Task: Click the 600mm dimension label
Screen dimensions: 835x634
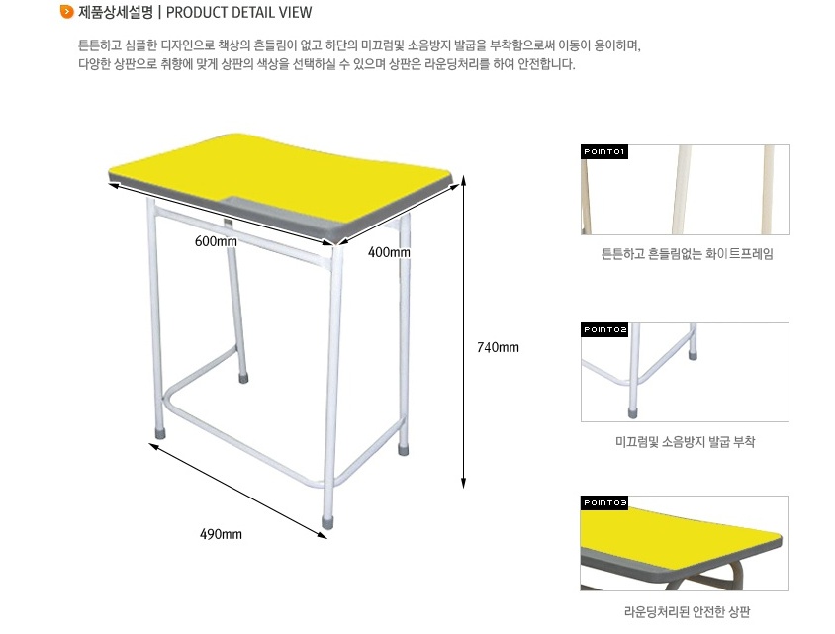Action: pyautogui.click(x=216, y=241)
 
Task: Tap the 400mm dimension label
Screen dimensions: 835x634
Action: pyautogui.click(x=389, y=252)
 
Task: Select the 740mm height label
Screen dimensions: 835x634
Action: pyautogui.click(x=498, y=347)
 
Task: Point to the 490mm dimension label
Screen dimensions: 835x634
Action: pyautogui.click(x=221, y=534)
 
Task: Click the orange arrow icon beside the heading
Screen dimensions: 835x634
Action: pyautogui.click(x=67, y=11)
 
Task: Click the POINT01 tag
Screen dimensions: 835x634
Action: pyautogui.click(x=604, y=151)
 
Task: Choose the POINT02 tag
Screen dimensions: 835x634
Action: pyautogui.click(x=604, y=330)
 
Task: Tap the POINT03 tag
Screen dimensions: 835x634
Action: pyautogui.click(x=604, y=503)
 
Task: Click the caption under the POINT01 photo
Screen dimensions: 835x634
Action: pyautogui.click(x=687, y=254)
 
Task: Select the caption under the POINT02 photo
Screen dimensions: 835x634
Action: pyautogui.click(x=686, y=442)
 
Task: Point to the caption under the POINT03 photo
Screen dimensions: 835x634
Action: pyautogui.click(x=687, y=612)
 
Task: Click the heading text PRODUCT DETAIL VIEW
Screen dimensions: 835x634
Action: pyautogui.click(x=239, y=12)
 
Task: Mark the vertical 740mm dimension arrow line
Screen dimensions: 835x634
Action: pyautogui.click(x=464, y=331)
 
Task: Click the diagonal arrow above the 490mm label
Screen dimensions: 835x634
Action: pyautogui.click(x=238, y=491)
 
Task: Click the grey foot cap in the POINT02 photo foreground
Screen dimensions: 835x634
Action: pyautogui.click(x=632, y=411)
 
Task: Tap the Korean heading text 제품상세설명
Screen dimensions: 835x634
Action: pyautogui.click(x=116, y=12)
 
